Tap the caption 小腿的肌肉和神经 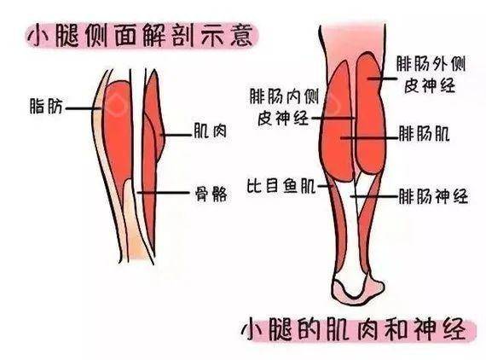pyautogui.click(x=356, y=328)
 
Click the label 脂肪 pyautogui.click(x=46, y=107)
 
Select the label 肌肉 pyautogui.click(x=210, y=131)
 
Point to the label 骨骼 pyautogui.click(x=211, y=194)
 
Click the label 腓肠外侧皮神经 pyautogui.click(x=431, y=75)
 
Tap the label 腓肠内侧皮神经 pyautogui.click(x=284, y=107)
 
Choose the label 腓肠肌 pyautogui.click(x=424, y=134)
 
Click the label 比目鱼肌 pyautogui.click(x=281, y=186)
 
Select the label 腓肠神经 pyautogui.click(x=433, y=196)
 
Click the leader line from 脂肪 pyautogui.click(x=83, y=108)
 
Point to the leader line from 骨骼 pyautogui.click(x=163, y=193)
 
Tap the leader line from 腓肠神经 pyautogui.click(x=374, y=196)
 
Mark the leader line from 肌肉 pyautogui.click(x=176, y=135)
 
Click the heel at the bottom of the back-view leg pyautogui.click(x=358, y=287)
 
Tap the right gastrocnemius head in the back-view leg pyautogui.click(x=371, y=114)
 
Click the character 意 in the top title pyautogui.click(x=241, y=36)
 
